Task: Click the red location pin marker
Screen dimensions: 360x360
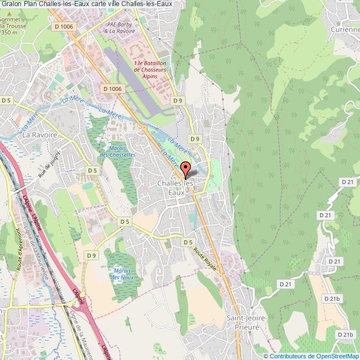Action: [x=185, y=169]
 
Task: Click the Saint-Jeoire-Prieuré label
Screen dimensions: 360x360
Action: [x=247, y=322]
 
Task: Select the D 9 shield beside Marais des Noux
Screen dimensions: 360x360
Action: [x=91, y=255]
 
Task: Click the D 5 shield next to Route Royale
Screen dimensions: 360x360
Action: [x=188, y=242]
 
